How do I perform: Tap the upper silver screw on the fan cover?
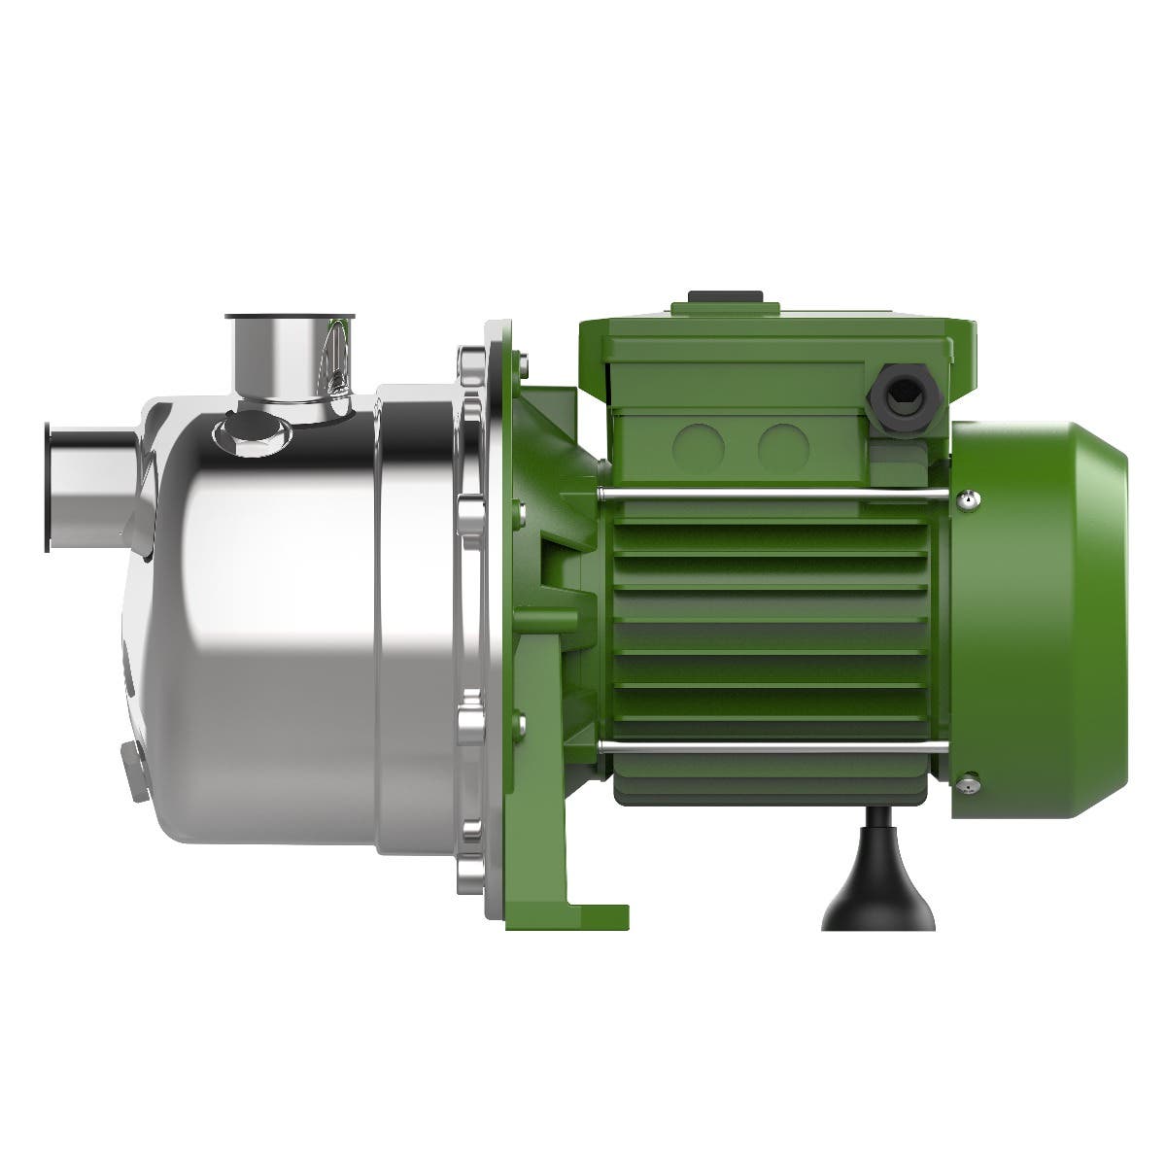pos(968,498)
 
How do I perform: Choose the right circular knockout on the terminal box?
pos(783,447)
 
